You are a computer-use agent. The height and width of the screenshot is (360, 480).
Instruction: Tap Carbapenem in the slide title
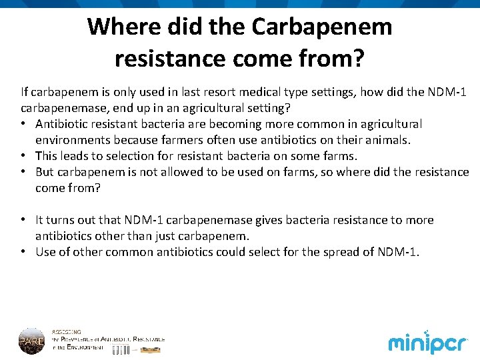[x=322, y=27]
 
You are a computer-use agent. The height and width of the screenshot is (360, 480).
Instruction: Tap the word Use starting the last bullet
[x=46, y=252]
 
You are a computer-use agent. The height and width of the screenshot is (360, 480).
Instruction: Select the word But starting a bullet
[x=45, y=172]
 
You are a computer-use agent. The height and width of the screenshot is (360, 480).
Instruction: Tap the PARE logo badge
[x=31, y=340]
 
